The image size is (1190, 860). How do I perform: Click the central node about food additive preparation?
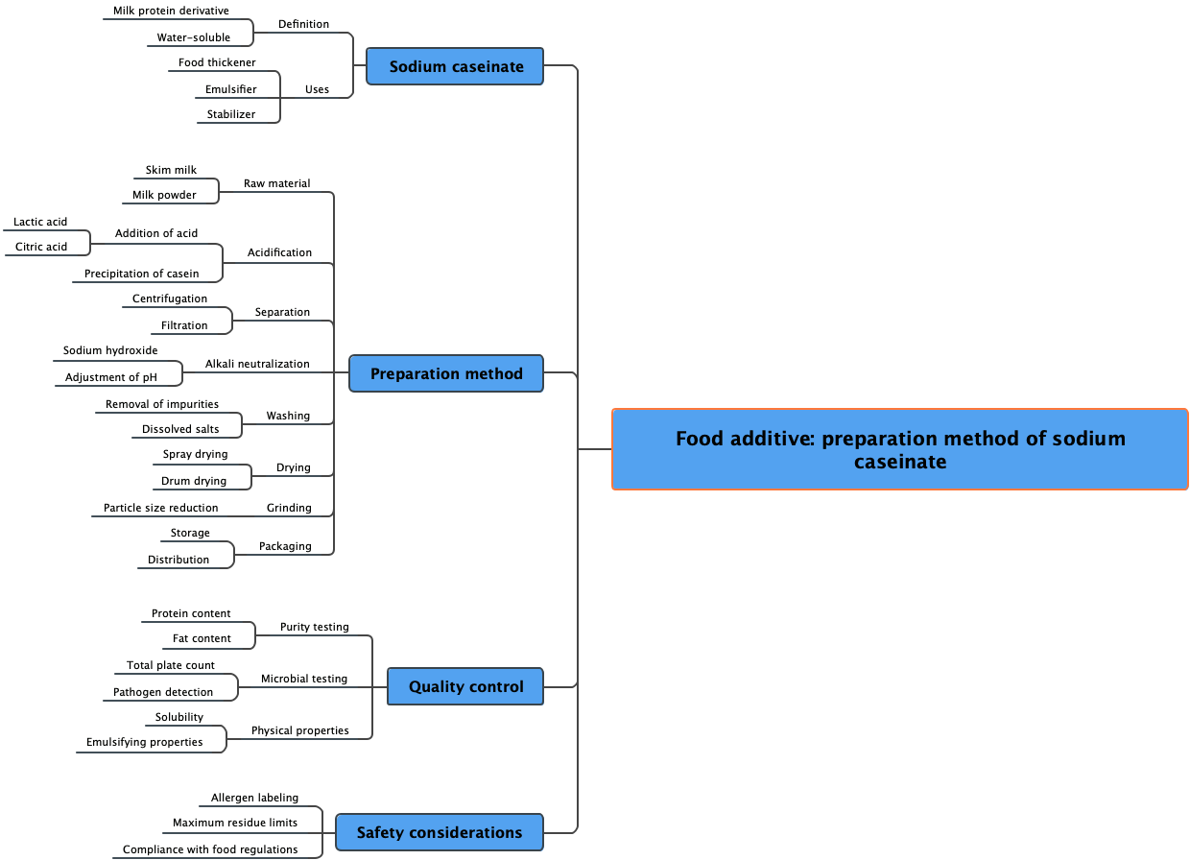click(899, 449)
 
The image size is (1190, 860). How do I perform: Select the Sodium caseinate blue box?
click(456, 66)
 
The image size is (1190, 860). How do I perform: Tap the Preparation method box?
click(446, 373)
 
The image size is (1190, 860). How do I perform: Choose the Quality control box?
click(465, 686)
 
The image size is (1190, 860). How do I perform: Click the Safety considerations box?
click(439, 832)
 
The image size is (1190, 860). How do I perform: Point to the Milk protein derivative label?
click(171, 11)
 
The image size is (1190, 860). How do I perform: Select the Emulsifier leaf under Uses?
click(230, 89)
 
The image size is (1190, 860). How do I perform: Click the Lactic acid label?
click(40, 222)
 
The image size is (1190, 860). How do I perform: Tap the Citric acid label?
click(41, 247)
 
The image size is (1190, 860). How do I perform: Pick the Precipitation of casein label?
click(141, 274)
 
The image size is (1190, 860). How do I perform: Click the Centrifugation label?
click(169, 299)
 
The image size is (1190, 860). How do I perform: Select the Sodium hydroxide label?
click(110, 350)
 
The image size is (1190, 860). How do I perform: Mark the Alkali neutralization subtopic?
click(257, 364)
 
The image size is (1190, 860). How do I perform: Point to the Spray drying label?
click(195, 454)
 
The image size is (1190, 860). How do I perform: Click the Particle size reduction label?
click(160, 508)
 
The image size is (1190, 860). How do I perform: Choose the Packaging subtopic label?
click(285, 546)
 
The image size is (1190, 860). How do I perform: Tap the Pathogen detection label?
click(163, 692)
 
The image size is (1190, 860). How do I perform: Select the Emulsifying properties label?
click(144, 742)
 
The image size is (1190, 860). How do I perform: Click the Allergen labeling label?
click(254, 798)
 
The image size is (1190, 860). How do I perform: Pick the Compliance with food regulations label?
click(210, 849)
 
